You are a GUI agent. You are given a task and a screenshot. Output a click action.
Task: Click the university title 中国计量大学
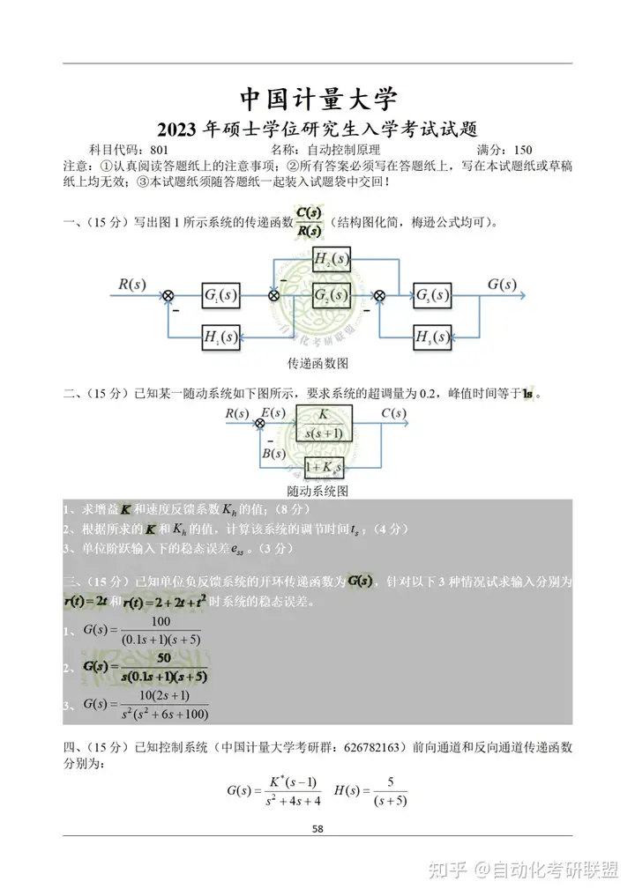[318, 98]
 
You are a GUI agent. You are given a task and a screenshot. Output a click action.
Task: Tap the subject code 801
[159, 150]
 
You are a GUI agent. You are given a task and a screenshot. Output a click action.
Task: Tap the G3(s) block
[432, 294]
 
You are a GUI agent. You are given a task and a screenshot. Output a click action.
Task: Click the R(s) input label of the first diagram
[132, 284]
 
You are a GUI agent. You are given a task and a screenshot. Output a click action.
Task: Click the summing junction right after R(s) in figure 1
[168, 295]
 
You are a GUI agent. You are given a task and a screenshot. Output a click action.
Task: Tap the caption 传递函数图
[318, 363]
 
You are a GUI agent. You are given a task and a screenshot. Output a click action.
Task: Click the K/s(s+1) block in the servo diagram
[325, 423]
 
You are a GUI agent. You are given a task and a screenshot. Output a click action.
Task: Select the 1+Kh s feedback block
[323, 468]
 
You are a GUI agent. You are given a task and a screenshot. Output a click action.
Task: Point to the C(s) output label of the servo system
[393, 412]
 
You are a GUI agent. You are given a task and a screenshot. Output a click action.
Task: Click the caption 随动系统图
[318, 490]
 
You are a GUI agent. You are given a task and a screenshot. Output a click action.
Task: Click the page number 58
[318, 829]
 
